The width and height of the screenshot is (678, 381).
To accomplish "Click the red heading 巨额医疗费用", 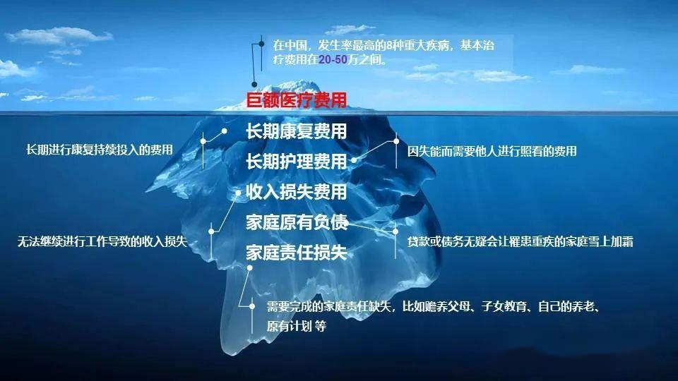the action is [x=297, y=100].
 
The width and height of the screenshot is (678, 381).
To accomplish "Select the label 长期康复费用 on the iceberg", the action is [x=297, y=131].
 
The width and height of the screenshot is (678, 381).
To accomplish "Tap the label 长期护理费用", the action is [x=297, y=162].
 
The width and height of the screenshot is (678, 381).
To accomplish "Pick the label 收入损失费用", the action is [x=297, y=192].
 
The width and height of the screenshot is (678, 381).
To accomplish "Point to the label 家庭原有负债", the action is [x=297, y=222].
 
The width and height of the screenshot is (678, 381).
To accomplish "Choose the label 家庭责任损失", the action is [x=297, y=253].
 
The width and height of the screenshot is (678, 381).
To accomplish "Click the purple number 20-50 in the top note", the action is [x=333, y=59].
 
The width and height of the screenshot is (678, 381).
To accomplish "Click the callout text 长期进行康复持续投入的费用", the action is [x=100, y=150].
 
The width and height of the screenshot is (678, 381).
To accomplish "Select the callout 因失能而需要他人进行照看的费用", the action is [x=492, y=151].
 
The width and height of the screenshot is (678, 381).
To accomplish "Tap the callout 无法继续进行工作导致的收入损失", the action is [x=102, y=241].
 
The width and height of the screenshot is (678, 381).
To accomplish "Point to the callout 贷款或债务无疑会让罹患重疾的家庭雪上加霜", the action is [x=521, y=242].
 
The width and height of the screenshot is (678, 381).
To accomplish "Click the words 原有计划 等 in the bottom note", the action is [x=297, y=326].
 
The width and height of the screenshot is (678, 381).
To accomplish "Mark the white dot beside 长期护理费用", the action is [x=354, y=160].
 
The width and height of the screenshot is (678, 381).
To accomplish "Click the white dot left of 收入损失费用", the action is [x=238, y=193].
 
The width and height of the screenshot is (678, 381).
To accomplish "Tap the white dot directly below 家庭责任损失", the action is [x=249, y=268].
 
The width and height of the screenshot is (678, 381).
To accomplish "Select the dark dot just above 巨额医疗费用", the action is [x=254, y=84].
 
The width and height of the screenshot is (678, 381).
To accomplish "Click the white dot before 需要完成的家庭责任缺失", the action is [x=253, y=306].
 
